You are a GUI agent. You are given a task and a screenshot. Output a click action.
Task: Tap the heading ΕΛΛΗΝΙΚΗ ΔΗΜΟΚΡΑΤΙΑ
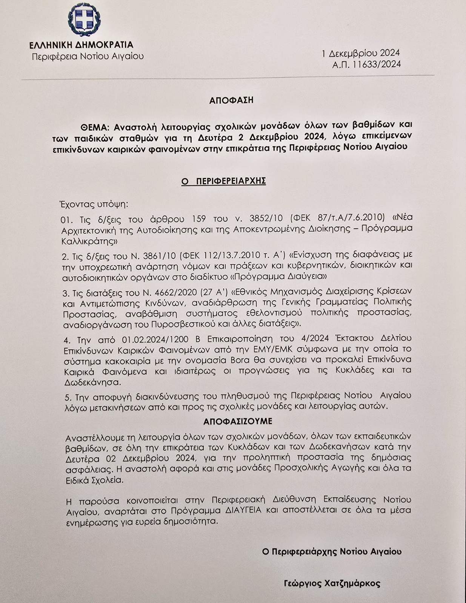click(82, 45)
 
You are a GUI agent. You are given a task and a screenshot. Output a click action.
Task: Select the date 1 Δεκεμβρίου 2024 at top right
click(361, 53)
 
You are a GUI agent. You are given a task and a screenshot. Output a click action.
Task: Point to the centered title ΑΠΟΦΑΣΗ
click(231, 101)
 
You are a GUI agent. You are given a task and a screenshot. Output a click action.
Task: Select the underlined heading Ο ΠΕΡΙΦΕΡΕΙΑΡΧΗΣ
click(224, 181)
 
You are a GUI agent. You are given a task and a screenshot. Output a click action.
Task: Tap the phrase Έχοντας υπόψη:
click(94, 205)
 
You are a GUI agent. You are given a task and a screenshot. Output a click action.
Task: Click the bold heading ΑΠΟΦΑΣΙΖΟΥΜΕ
click(238, 421)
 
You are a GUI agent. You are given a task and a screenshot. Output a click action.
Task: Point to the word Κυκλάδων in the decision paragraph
click(246, 447)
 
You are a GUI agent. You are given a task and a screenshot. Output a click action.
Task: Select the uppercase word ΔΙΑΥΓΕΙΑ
click(247, 511)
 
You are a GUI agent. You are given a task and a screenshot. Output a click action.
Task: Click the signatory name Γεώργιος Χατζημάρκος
click(332, 584)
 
